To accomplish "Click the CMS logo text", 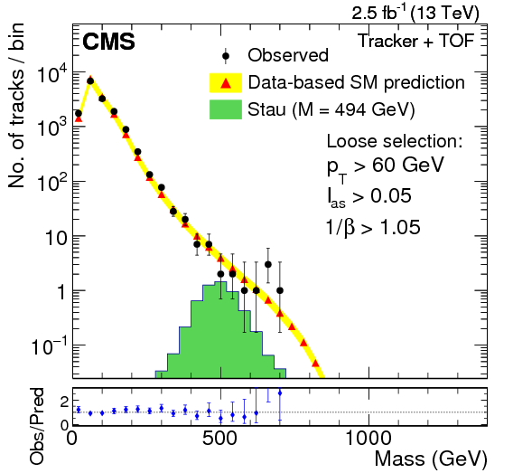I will coord(109,43).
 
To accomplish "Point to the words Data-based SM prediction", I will coord(357,83).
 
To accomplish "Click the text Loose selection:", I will coord(394,142).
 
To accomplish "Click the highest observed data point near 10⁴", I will coord(90,80).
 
